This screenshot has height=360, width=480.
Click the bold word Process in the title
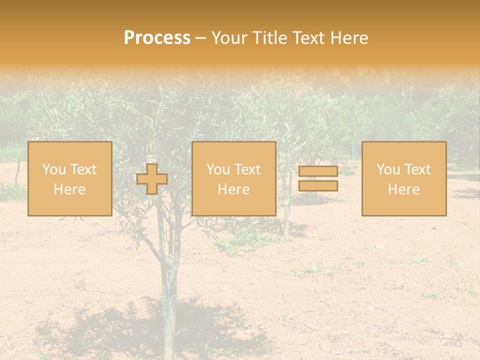pyautogui.click(x=157, y=38)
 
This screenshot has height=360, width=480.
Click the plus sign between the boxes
pyautogui.click(x=152, y=179)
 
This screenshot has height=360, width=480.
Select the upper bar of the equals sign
pyautogui.click(x=318, y=171)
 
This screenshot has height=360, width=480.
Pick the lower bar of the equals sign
pyautogui.click(x=318, y=185)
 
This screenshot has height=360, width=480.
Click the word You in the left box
pyautogui.click(x=54, y=169)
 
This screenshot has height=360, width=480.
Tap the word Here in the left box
pyautogui.click(x=69, y=189)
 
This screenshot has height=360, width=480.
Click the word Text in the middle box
pyautogui.click(x=247, y=169)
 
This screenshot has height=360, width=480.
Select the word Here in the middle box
pyautogui.click(x=233, y=189)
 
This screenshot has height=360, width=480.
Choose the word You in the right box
pyautogui.click(x=388, y=169)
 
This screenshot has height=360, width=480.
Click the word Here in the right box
pyautogui.click(x=403, y=189)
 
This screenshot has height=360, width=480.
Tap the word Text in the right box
pyautogui.click(x=417, y=169)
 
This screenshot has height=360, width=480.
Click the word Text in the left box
pyautogui.click(x=83, y=169)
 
